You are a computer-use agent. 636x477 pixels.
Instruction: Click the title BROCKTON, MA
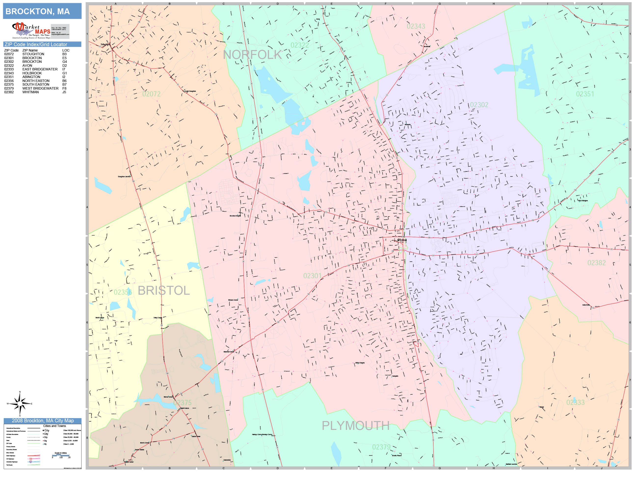coord(38,12)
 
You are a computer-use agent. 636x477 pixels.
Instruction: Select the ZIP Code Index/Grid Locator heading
coord(36,44)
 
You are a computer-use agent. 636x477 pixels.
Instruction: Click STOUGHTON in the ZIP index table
coord(33,54)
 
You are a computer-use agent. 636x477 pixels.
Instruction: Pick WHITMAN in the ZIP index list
coord(30,92)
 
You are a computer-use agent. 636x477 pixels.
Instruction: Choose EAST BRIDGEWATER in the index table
coord(40,69)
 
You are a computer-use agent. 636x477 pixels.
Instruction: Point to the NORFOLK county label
coord(252,55)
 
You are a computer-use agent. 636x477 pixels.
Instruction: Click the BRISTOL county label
coord(164,291)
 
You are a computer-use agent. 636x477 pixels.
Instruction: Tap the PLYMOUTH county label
coord(355,425)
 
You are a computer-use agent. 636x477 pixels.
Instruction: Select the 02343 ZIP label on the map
coord(416,26)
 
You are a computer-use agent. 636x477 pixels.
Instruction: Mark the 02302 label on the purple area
coord(479,105)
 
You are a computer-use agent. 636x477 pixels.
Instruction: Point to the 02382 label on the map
coord(596,263)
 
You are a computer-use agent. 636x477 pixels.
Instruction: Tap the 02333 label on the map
coord(575,402)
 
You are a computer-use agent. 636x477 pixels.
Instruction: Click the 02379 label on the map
coord(381,447)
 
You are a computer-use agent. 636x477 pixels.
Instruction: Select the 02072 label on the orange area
coord(151,94)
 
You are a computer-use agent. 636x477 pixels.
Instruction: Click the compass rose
coord(20,404)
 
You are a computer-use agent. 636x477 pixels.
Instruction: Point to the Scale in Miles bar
coord(61,455)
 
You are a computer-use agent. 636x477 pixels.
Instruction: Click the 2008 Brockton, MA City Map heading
coord(42,421)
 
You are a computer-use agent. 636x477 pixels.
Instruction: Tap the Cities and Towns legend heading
coord(54,426)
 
